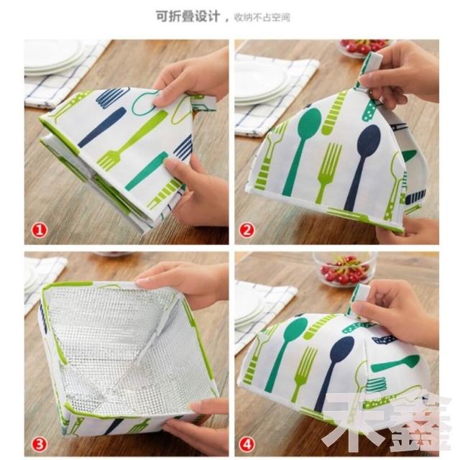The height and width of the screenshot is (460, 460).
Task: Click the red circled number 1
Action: point(40,230)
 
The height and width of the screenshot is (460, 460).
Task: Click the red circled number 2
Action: point(247,230)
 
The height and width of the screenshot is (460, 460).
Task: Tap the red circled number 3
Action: point(40,444)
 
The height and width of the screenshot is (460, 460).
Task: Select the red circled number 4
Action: point(247,444)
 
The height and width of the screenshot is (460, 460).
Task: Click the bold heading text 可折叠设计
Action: point(188,17)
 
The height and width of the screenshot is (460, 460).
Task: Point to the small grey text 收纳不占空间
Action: point(262,17)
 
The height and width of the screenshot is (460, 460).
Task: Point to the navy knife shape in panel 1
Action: point(101,127)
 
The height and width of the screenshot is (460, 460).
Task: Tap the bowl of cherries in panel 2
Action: point(365,47)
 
